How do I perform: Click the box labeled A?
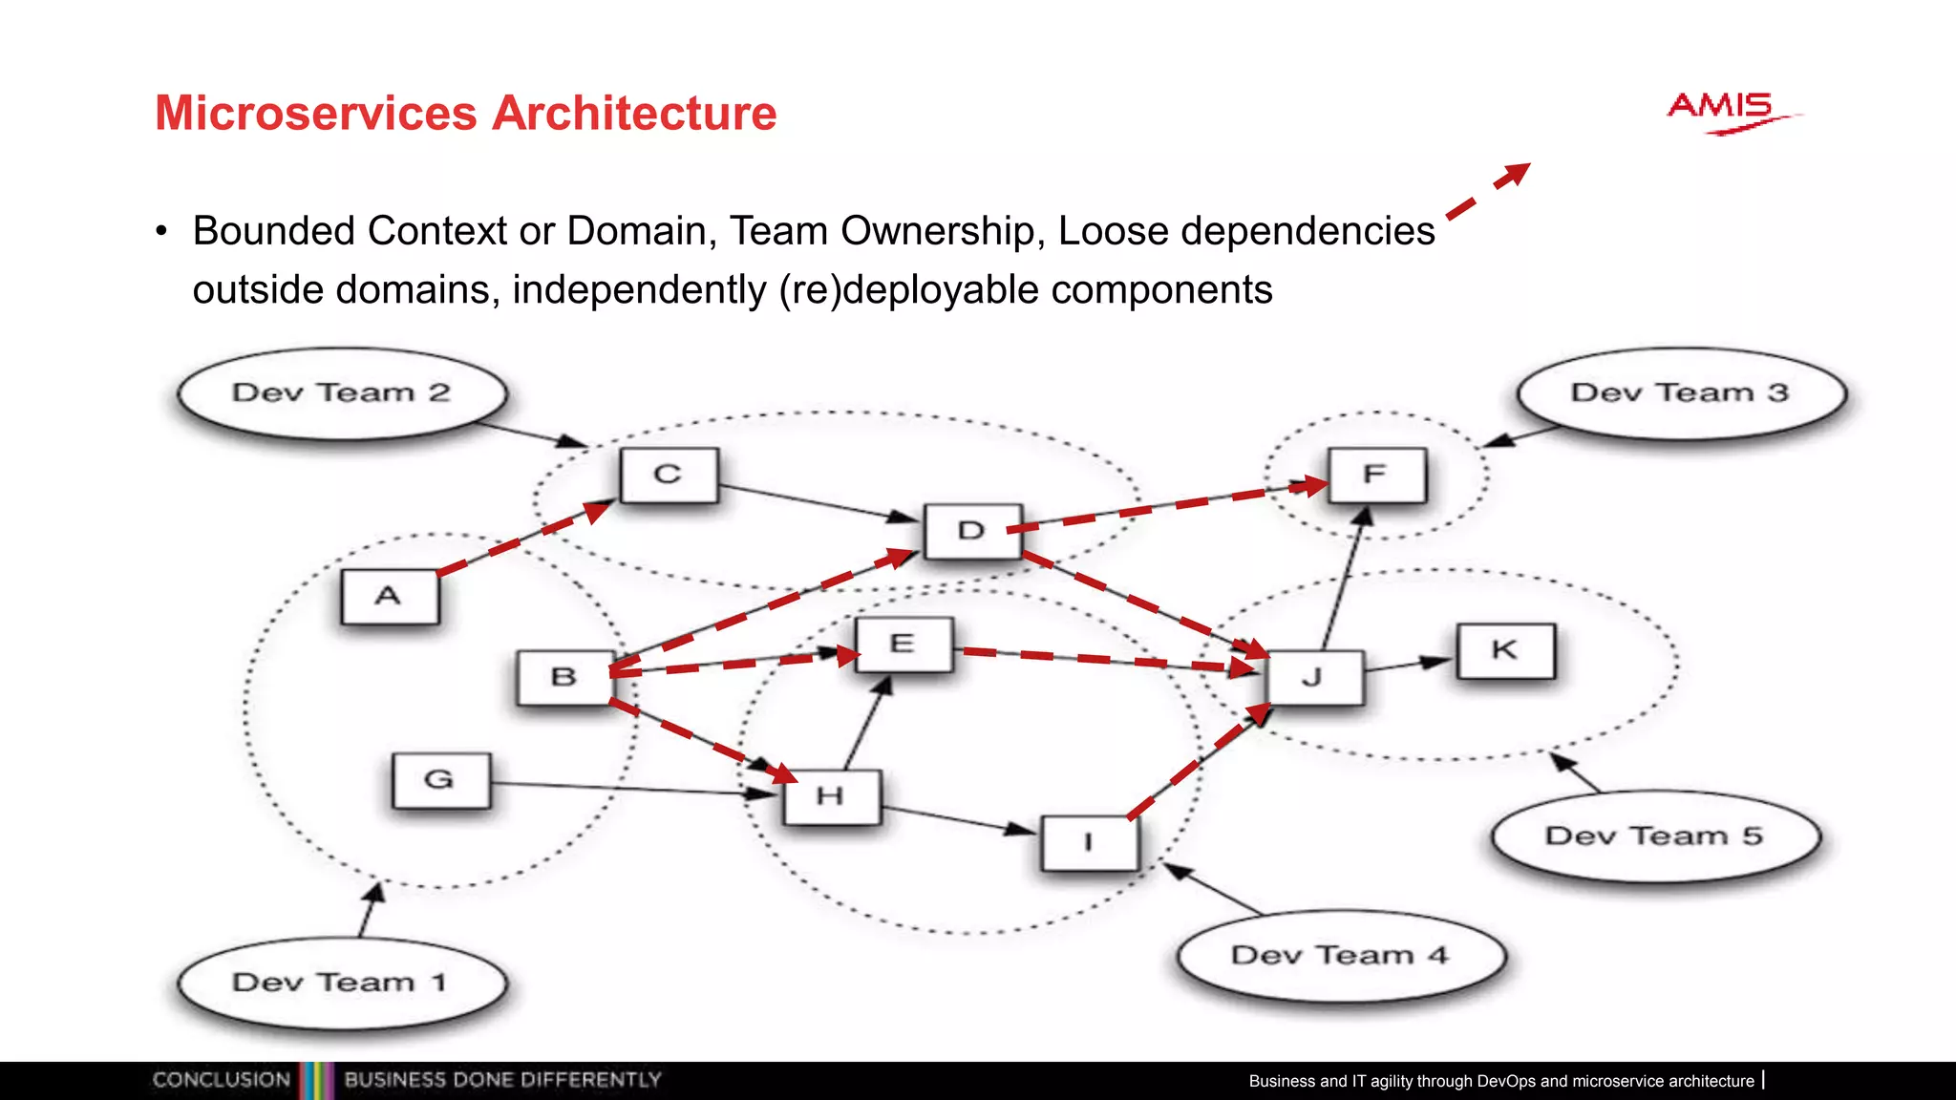(390, 597)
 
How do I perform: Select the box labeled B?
(563, 677)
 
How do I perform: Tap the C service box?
(669, 475)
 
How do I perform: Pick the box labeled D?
(972, 531)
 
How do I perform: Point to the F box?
(1376, 475)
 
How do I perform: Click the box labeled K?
(1505, 650)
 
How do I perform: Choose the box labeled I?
(1089, 842)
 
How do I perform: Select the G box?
(440, 780)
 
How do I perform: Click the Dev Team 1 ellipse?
(341, 984)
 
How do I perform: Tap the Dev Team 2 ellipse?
(341, 393)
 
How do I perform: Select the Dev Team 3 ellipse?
(1680, 393)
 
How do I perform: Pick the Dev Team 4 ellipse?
(1340, 956)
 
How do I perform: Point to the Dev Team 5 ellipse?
(1654, 836)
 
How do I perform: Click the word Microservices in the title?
(315, 114)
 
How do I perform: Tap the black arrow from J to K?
(1409, 665)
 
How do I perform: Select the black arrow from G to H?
(630, 788)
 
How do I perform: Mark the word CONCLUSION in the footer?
(221, 1080)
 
